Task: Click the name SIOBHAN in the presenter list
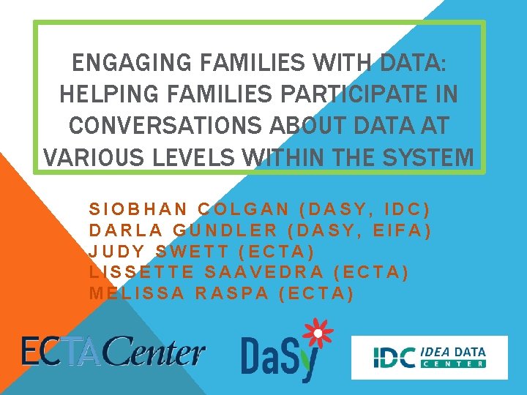[x=137, y=209]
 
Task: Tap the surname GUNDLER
[x=225, y=230]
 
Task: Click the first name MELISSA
[x=137, y=294]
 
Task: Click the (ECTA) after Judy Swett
[x=277, y=252]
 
